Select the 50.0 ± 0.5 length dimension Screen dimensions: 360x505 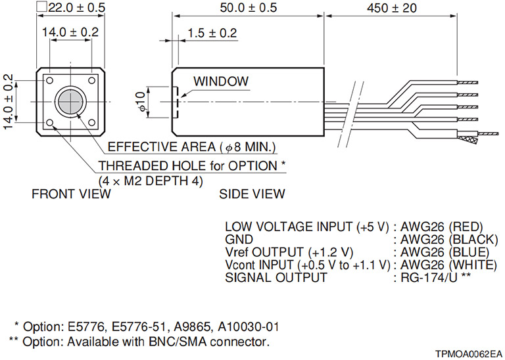(247, 8)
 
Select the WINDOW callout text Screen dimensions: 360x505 (221, 82)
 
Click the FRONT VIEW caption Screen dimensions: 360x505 (72, 194)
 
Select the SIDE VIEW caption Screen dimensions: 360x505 (253, 194)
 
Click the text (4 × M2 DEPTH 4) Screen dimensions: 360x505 (151, 179)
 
